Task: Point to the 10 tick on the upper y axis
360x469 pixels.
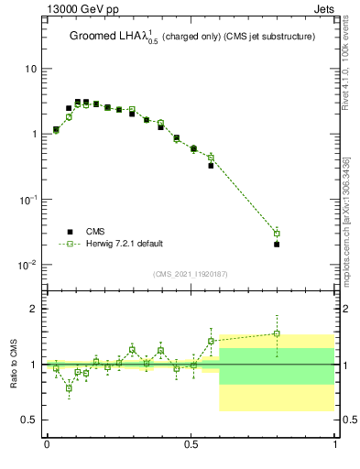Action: coord(34,70)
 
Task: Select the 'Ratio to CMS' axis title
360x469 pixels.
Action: coord(13,364)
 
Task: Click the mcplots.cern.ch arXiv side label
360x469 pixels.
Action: coord(344,220)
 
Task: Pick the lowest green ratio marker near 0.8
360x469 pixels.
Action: coord(69,388)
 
